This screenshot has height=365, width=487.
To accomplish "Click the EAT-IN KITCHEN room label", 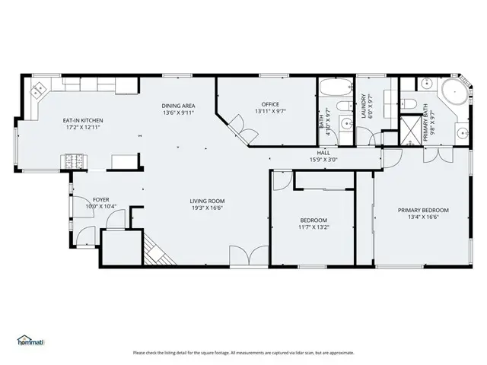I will [82, 120].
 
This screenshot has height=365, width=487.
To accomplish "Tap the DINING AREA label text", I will [178, 105].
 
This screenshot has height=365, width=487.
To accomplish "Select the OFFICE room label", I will [270, 104].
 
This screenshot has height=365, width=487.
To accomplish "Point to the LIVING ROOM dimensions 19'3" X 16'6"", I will [207, 208].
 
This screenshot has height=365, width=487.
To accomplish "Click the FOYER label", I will [81, 199].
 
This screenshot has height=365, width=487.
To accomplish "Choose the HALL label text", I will [323, 153].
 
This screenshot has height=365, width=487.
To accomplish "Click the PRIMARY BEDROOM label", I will [423, 210].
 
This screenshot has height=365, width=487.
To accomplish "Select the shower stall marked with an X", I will [411, 126].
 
